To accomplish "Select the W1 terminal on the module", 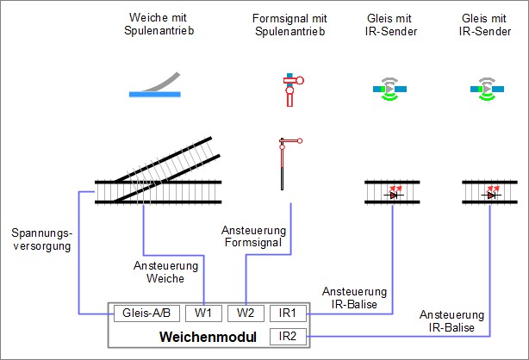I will (202, 313).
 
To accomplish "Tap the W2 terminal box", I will (246, 313).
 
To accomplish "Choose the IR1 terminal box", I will (288, 313).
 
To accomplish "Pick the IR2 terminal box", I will (288, 334).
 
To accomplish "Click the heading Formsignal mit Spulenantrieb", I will (289, 25).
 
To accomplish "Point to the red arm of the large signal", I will (293, 140).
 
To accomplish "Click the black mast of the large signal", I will (282, 172).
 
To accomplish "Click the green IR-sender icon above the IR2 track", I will (488, 88).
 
